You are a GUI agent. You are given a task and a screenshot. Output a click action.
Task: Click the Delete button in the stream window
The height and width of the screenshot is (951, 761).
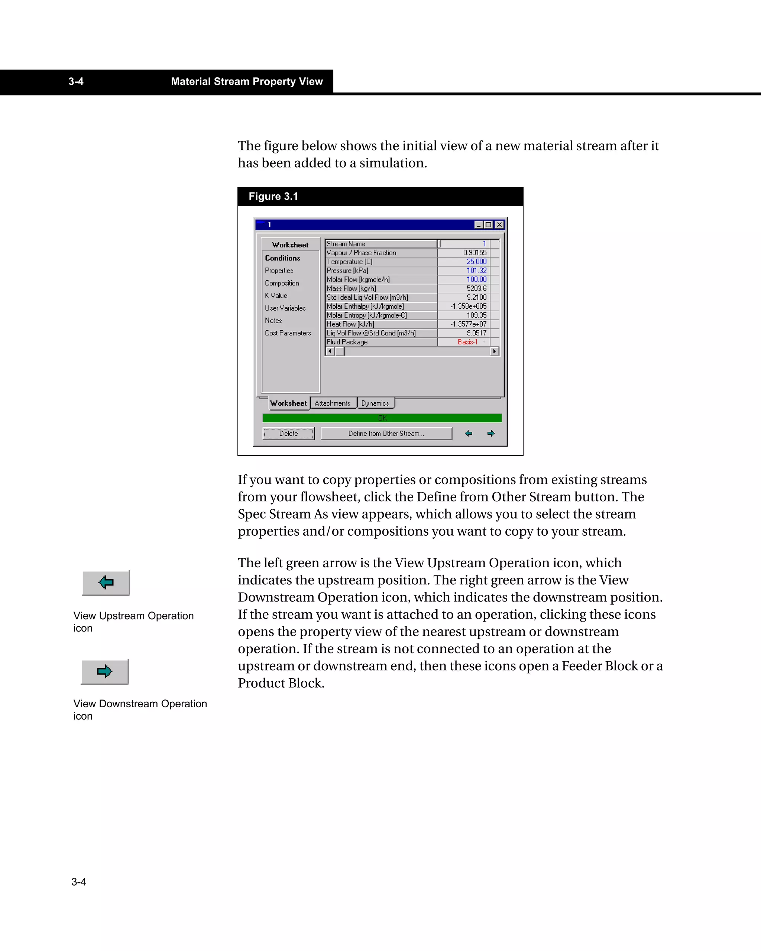click(x=288, y=434)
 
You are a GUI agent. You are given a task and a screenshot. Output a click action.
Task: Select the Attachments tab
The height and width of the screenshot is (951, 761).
click(x=333, y=403)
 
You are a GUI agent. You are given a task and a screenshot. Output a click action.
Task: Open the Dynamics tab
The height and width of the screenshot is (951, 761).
click(x=375, y=403)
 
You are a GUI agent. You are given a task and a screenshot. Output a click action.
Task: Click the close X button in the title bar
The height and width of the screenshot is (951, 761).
click(x=499, y=224)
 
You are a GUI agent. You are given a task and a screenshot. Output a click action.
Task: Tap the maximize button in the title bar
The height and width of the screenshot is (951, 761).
click(x=488, y=224)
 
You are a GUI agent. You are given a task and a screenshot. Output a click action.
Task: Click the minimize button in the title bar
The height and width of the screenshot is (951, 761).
click(x=478, y=224)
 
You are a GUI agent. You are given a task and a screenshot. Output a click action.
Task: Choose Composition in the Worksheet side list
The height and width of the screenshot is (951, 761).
click(x=282, y=283)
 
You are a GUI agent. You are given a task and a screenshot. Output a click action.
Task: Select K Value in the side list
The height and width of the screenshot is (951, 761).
click(x=276, y=296)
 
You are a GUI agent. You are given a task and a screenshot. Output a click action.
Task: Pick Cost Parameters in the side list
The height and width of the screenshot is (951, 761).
click(x=288, y=333)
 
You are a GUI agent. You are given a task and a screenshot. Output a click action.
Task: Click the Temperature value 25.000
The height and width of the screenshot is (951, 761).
click(x=476, y=262)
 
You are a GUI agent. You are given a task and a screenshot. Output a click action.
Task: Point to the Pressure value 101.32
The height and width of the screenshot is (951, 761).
click(x=476, y=270)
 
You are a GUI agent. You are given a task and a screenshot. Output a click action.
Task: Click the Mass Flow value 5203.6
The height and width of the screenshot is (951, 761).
click(x=476, y=289)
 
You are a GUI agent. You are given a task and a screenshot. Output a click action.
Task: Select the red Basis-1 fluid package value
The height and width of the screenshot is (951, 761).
click(x=467, y=342)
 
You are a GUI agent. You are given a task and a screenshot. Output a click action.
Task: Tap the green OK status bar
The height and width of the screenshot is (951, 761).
click(x=382, y=418)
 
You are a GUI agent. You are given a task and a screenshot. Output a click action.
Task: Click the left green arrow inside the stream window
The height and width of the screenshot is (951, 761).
click(x=469, y=434)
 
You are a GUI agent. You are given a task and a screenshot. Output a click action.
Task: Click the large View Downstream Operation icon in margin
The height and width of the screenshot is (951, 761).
click(x=104, y=672)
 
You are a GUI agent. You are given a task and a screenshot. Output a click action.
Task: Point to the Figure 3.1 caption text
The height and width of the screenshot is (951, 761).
click(x=273, y=197)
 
